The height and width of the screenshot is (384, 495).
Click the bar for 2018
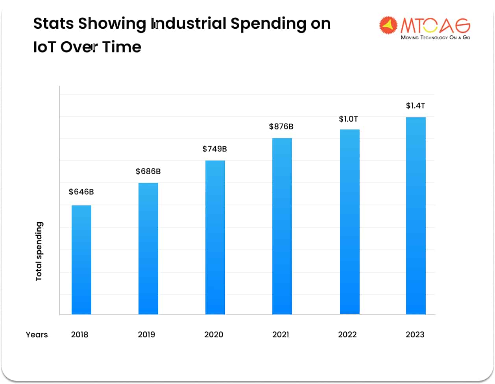tap(81, 260)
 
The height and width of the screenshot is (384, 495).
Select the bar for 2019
tap(148, 249)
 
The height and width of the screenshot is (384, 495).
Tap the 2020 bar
tap(215, 237)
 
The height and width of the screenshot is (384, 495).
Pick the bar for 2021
tap(282, 226)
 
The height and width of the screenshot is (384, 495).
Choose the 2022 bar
tap(350, 222)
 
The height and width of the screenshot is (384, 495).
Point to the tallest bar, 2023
tap(416, 216)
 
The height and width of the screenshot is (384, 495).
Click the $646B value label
tap(81, 192)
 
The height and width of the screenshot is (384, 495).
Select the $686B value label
tap(148, 172)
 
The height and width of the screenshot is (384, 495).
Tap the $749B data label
tap(215, 149)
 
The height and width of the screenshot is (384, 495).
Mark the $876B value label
tap(281, 127)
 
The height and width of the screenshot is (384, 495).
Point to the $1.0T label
tap(349, 119)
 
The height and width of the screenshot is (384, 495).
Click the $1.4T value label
tap(416, 106)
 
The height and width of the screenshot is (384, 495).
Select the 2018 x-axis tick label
tap(79, 335)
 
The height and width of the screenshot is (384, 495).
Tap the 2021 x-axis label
tap(281, 335)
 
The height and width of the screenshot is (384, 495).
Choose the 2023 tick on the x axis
tap(415, 335)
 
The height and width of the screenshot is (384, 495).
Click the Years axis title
tap(37, 335)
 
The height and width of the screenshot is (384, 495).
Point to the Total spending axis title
tap(39, 251)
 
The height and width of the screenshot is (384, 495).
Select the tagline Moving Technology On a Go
tap(436, 38)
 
